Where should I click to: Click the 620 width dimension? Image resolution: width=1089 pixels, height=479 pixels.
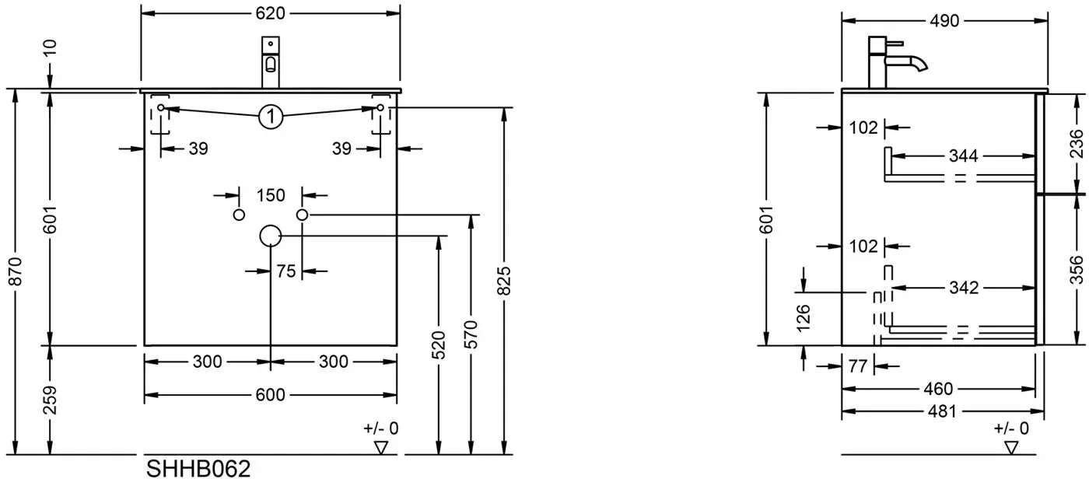tap(270, 13)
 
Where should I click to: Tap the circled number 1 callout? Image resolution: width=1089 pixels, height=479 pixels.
tap(271, 117)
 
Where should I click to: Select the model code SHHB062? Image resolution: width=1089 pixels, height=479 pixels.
tap(198, 469)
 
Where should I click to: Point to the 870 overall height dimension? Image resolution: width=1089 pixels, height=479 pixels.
tap(16, 271)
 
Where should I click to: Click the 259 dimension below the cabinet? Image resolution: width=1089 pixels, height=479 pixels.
tap(50, 400)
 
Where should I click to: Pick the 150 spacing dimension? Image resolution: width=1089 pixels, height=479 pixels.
tap(271, 195)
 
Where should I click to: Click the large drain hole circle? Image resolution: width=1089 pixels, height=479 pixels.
tap(271, 236)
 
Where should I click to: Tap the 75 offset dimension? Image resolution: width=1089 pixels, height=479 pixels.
tap(286, 271)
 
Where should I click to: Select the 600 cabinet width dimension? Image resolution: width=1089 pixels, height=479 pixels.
tap(270, 394)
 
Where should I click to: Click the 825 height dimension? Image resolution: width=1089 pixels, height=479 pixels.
tap(505, 281)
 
